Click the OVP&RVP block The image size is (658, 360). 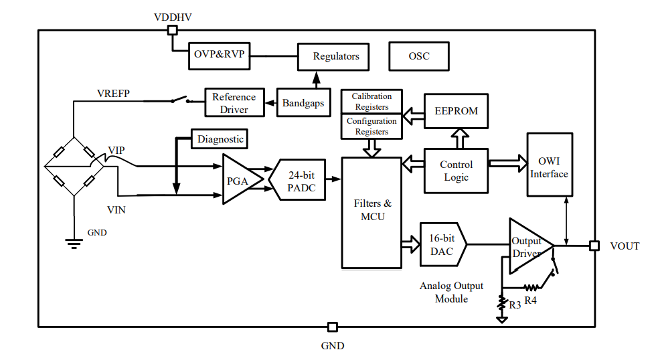(220, 56)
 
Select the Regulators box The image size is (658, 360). (336, 56)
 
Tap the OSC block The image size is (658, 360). (419, 56)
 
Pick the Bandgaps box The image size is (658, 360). (303, 103)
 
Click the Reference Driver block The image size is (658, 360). (234, 103)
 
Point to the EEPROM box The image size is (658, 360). (457, 110)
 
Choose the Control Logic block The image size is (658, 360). (456, 171)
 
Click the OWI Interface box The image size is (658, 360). (550, 164)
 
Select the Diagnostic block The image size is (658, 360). (220, 139)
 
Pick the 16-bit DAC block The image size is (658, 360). (442, 245)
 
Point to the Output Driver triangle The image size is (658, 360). (527, 246)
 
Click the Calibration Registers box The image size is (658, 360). (372, 102)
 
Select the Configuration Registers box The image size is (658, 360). (372, 126)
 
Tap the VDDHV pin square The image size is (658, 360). (172, 29)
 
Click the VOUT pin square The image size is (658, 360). (594, 246)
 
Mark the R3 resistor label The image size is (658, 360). (515, 305)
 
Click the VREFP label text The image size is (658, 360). (113, 93)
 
